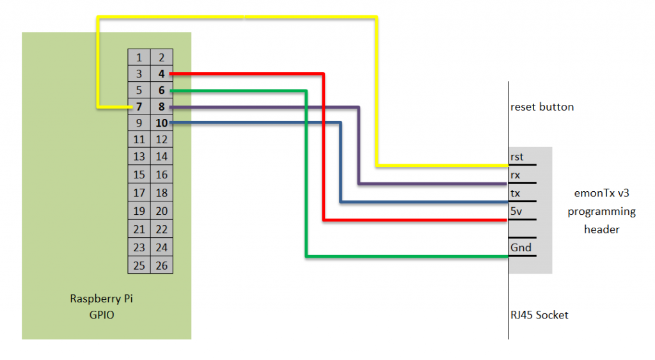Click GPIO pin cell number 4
click(x=162, y=74)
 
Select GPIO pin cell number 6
click(x=162, y=91)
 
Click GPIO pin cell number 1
click(x=139, y=58)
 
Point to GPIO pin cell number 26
click(x=162, y=265)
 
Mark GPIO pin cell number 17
click(x=139, y=192)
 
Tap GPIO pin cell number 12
click(x=162, y=139)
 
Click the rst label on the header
click(x=517, y=157)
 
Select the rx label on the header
click(x=516, y=175)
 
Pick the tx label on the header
click(x=516, y=193)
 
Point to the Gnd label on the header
click(x=521, y=247)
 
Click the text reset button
click(x=542, y=107)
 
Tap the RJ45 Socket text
click(x=539, y=315)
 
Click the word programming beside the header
click(x=601, y=212)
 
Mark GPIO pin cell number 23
click(x=139, y=247)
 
